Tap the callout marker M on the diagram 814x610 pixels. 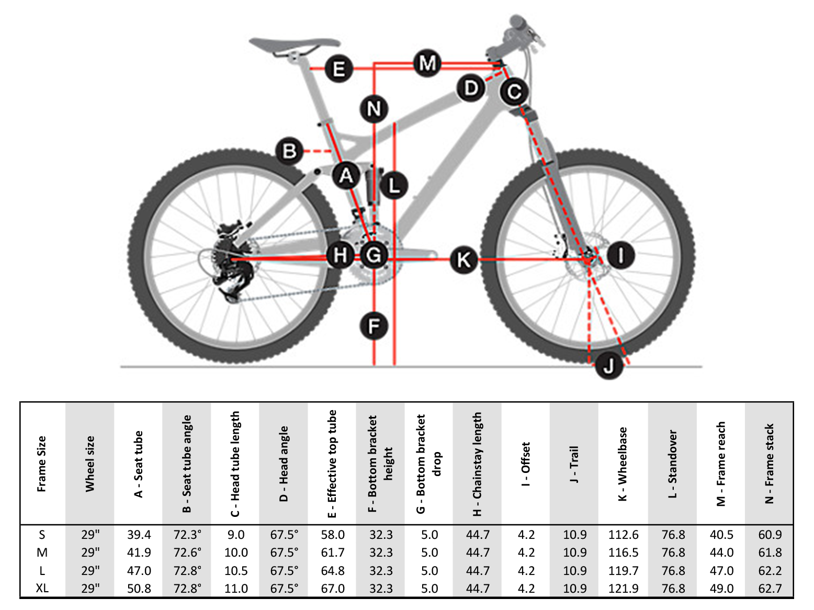[427, 63]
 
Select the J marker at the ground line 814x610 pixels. [608, 366]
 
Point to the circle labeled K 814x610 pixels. [463, 259]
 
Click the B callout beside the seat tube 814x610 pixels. [289, 151]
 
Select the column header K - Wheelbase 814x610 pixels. [623, 464]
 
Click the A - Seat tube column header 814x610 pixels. [138, 464]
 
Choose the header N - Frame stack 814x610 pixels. [770, 464]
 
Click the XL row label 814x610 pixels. [42, 588]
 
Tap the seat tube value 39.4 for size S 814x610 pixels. [139, 535]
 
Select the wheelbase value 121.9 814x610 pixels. [624, 588]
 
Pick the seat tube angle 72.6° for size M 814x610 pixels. [188, 552]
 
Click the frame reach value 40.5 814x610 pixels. [721, 535]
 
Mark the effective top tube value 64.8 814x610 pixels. [333, 570]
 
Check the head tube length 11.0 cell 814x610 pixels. [236, 588]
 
